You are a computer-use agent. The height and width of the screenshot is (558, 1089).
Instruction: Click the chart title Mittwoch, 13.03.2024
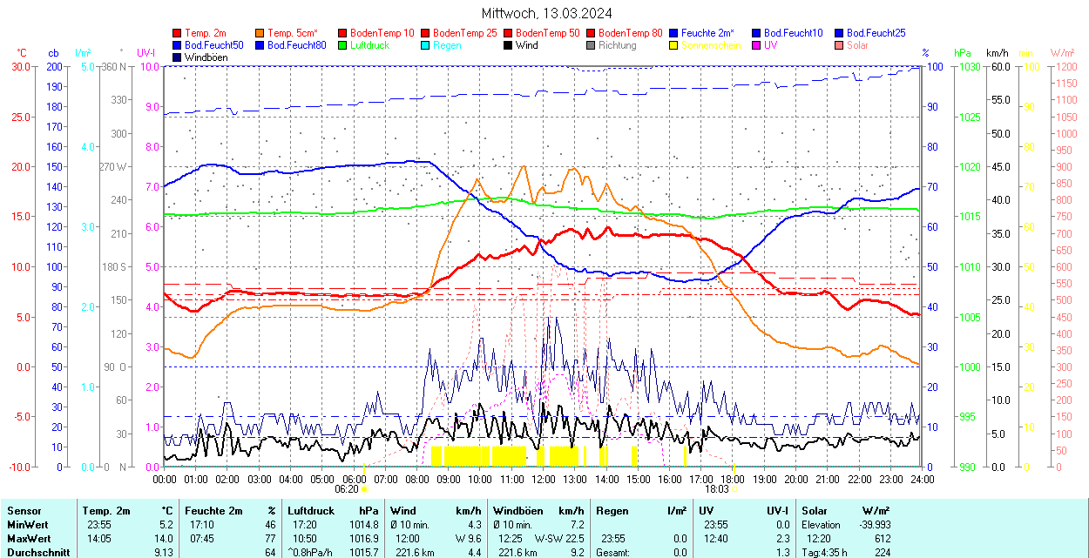pos(546,13)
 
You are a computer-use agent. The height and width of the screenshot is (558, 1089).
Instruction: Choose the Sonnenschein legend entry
pos(711,45)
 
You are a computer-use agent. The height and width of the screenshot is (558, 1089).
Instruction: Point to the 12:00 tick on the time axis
pos(543,479)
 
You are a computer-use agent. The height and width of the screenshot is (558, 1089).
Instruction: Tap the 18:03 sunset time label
pos(717,489)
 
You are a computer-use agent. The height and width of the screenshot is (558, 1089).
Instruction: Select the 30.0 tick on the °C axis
pos(20,66)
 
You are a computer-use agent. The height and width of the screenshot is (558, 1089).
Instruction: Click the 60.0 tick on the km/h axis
pos(999,66)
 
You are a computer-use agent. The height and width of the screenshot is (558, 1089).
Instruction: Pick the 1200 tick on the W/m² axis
pos(1063,66)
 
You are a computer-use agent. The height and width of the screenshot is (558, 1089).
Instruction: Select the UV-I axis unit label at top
pos(145,53)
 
